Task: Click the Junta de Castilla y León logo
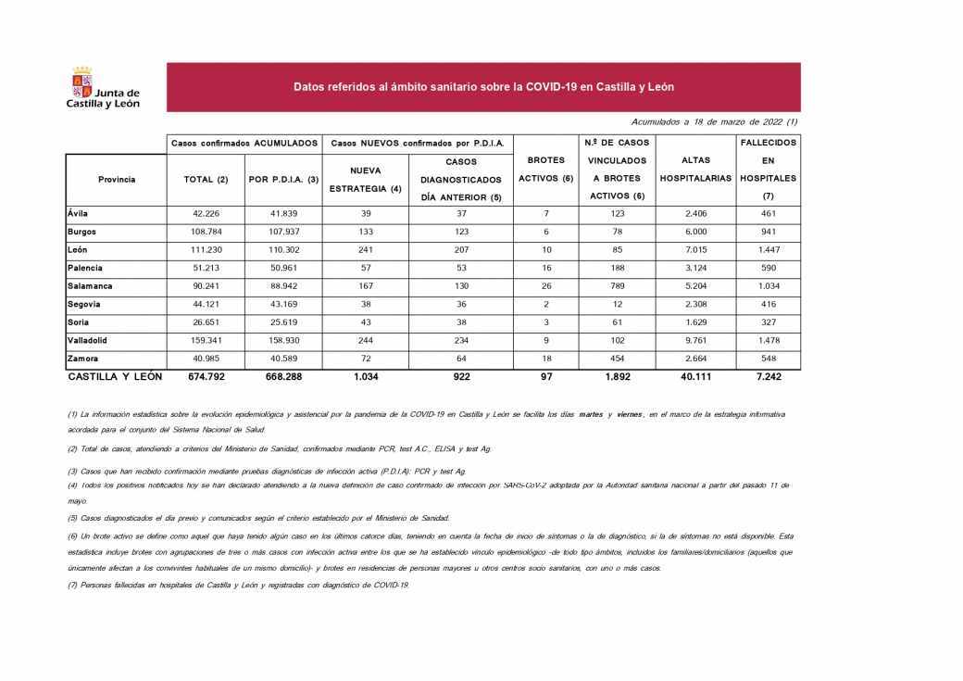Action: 102,89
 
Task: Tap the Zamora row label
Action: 83,358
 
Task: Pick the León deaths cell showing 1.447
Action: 769,250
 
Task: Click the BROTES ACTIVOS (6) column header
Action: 546,170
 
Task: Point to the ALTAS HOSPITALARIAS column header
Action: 695,170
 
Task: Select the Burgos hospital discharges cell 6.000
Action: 695,232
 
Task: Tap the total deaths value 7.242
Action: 769,377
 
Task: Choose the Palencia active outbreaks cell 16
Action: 546,269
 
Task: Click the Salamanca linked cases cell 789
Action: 617,286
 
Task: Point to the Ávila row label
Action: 79,214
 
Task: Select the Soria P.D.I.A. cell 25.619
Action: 284,322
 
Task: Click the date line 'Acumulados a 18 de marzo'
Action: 714,121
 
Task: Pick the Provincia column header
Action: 117,179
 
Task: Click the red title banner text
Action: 483,87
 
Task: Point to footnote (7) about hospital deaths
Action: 239,586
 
